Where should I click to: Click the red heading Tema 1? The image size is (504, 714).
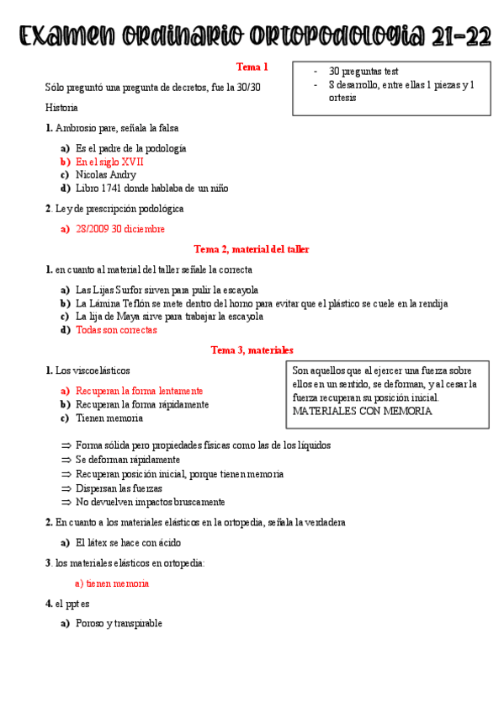pyautogui.click(x=252, y=67)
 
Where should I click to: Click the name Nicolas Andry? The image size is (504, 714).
pyautogui.click(x=106, y=174)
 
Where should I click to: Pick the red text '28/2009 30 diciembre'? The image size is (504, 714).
pyautogui.click(x=120, y=228)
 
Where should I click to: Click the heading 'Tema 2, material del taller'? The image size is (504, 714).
pyautogui.click(x=252, y=249)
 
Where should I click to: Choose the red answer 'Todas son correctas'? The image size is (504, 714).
pyautogui.click(x=116, y=330)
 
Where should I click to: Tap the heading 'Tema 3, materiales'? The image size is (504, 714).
pyautogui.click(x=252, y=350)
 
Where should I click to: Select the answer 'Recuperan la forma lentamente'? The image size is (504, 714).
pyautogui.click(x=139, y=391)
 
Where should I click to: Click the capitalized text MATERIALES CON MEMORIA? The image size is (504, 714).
pyautogui.click(x=362, y=412)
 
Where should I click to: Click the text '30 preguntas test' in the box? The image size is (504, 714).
pyautogui.click(x=363, y=72)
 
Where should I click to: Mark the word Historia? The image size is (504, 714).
pyautogui.click(x=61, y=108)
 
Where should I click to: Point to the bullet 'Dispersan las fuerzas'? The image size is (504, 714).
pyautogui.click(x=119, y=488)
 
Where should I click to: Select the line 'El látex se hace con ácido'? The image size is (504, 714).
pyautogui.click(x=128, y=543)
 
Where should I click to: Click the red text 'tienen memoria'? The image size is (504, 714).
pyautogui.click(x=117, y=583)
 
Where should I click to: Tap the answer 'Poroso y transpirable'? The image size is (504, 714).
pyautogui.click(x=119, y=623)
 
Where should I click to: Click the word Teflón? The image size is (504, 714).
pyautogui.click(x=139, y=303)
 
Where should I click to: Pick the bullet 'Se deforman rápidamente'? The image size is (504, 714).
pyautogui.click(x=127, y=460)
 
